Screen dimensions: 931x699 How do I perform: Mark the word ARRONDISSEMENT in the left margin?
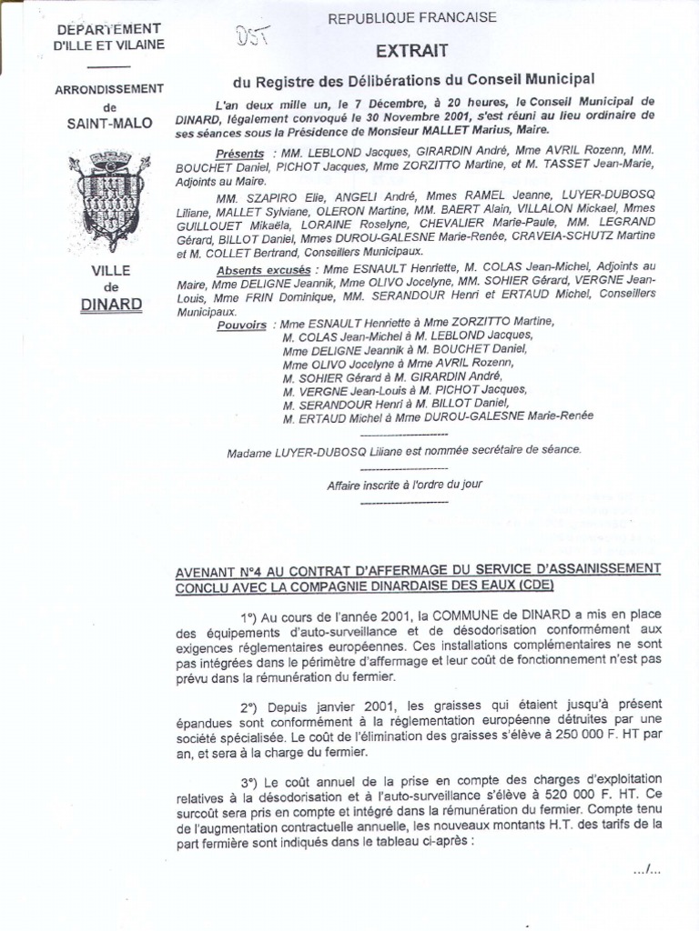tap(108, 88)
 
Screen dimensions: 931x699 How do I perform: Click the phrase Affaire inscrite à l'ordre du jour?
tap(404, 485)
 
